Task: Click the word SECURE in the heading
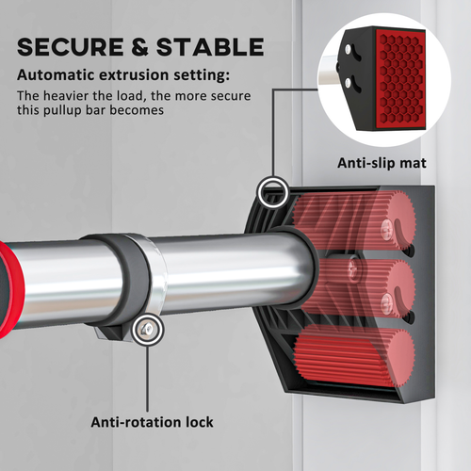[x=70, y=47]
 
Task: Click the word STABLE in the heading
[x=210, y=47]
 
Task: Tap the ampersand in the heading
[x=139, y=47]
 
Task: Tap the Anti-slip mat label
[x=382, y=163]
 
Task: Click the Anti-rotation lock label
[x=152, y=422]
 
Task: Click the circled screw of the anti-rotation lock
[x=148, y=330]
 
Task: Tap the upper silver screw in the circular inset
[x=348, y=49]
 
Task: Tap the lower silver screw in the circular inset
[x=348, y=83]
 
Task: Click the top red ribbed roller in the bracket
[x=353, y=219]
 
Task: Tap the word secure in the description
[x=231, y=96]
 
